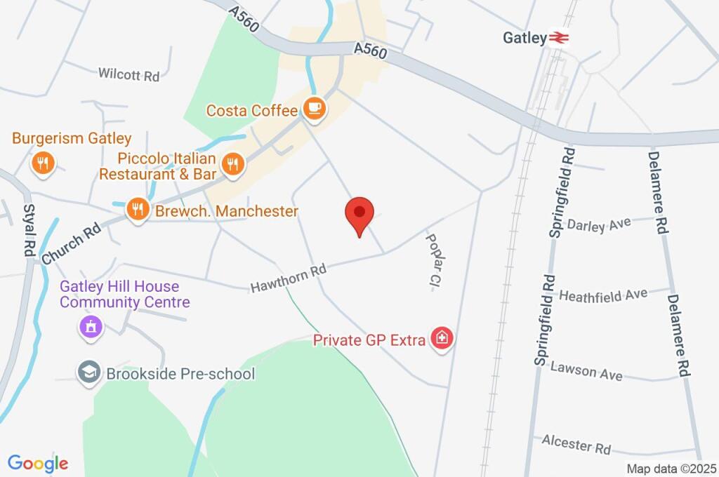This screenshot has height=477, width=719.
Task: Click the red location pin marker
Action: coord(359,213)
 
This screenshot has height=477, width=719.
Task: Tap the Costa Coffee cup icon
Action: coord(313,108)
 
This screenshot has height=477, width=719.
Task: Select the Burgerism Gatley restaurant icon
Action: coord(43,163)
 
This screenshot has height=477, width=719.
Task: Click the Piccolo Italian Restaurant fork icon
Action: coord(231,164)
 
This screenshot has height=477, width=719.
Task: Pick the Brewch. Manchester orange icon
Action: coord(138,208)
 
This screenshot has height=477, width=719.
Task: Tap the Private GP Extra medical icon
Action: coord(442,339)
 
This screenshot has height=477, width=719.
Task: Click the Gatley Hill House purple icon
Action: coord(91,326)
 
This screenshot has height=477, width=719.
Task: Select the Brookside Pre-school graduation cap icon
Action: coord(88,373)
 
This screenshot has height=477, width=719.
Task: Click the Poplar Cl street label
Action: coord(433,261)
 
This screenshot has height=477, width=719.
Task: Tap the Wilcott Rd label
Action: coord(129,74)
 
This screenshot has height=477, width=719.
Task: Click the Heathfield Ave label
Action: coord(602,295)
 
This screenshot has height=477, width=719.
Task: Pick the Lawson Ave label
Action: coord(586,370)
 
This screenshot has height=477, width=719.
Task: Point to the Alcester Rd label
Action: coord(576,443)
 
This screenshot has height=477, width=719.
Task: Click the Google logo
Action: coord(38,463)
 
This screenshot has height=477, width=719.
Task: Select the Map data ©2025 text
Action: coord(671,469)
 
